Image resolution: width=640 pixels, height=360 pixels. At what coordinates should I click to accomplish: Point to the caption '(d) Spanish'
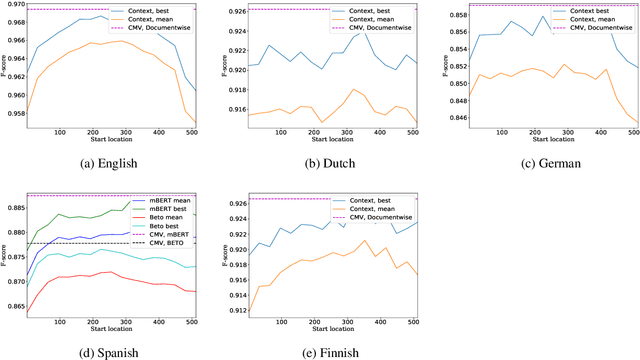pos(106,351)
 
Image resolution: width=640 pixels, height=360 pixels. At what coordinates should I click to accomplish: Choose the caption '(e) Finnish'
pos(323,351)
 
